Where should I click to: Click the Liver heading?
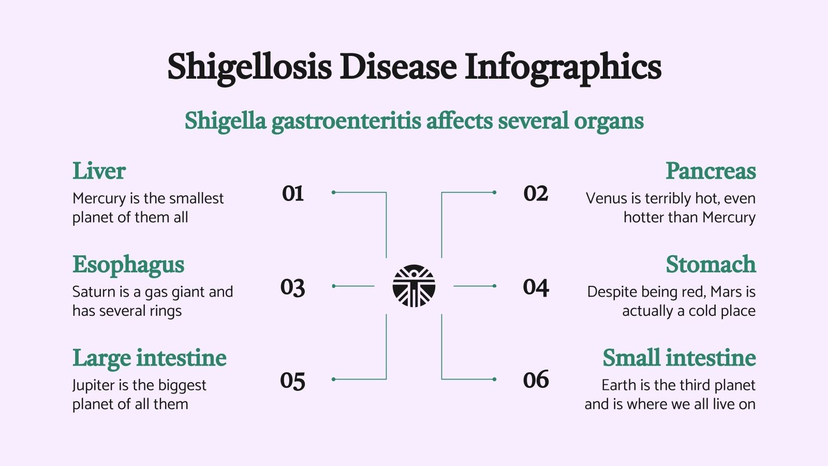click(x=99, y=171)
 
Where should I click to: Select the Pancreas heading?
click(x=711, y=171)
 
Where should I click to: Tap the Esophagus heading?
click(x=128, y=265)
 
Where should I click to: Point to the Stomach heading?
click(x=711, y=265)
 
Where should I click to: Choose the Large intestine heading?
click(x=150, y=358)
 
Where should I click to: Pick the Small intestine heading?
click(x=679, y=358)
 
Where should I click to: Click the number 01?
click(x=293, y=194)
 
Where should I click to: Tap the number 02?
click(x=536, y=194)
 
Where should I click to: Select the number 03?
click(x=293, y=287)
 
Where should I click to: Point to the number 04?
click(x=536, y=287)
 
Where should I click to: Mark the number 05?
click(x=293, y=381)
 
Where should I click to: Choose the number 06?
click(x=536, y=380)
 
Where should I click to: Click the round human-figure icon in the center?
click(x=414, y=286)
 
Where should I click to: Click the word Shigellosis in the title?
click(x=249, y=67)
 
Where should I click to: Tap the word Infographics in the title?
click(x=563, y=67)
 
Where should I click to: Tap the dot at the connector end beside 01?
click(x=334, y=192)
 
